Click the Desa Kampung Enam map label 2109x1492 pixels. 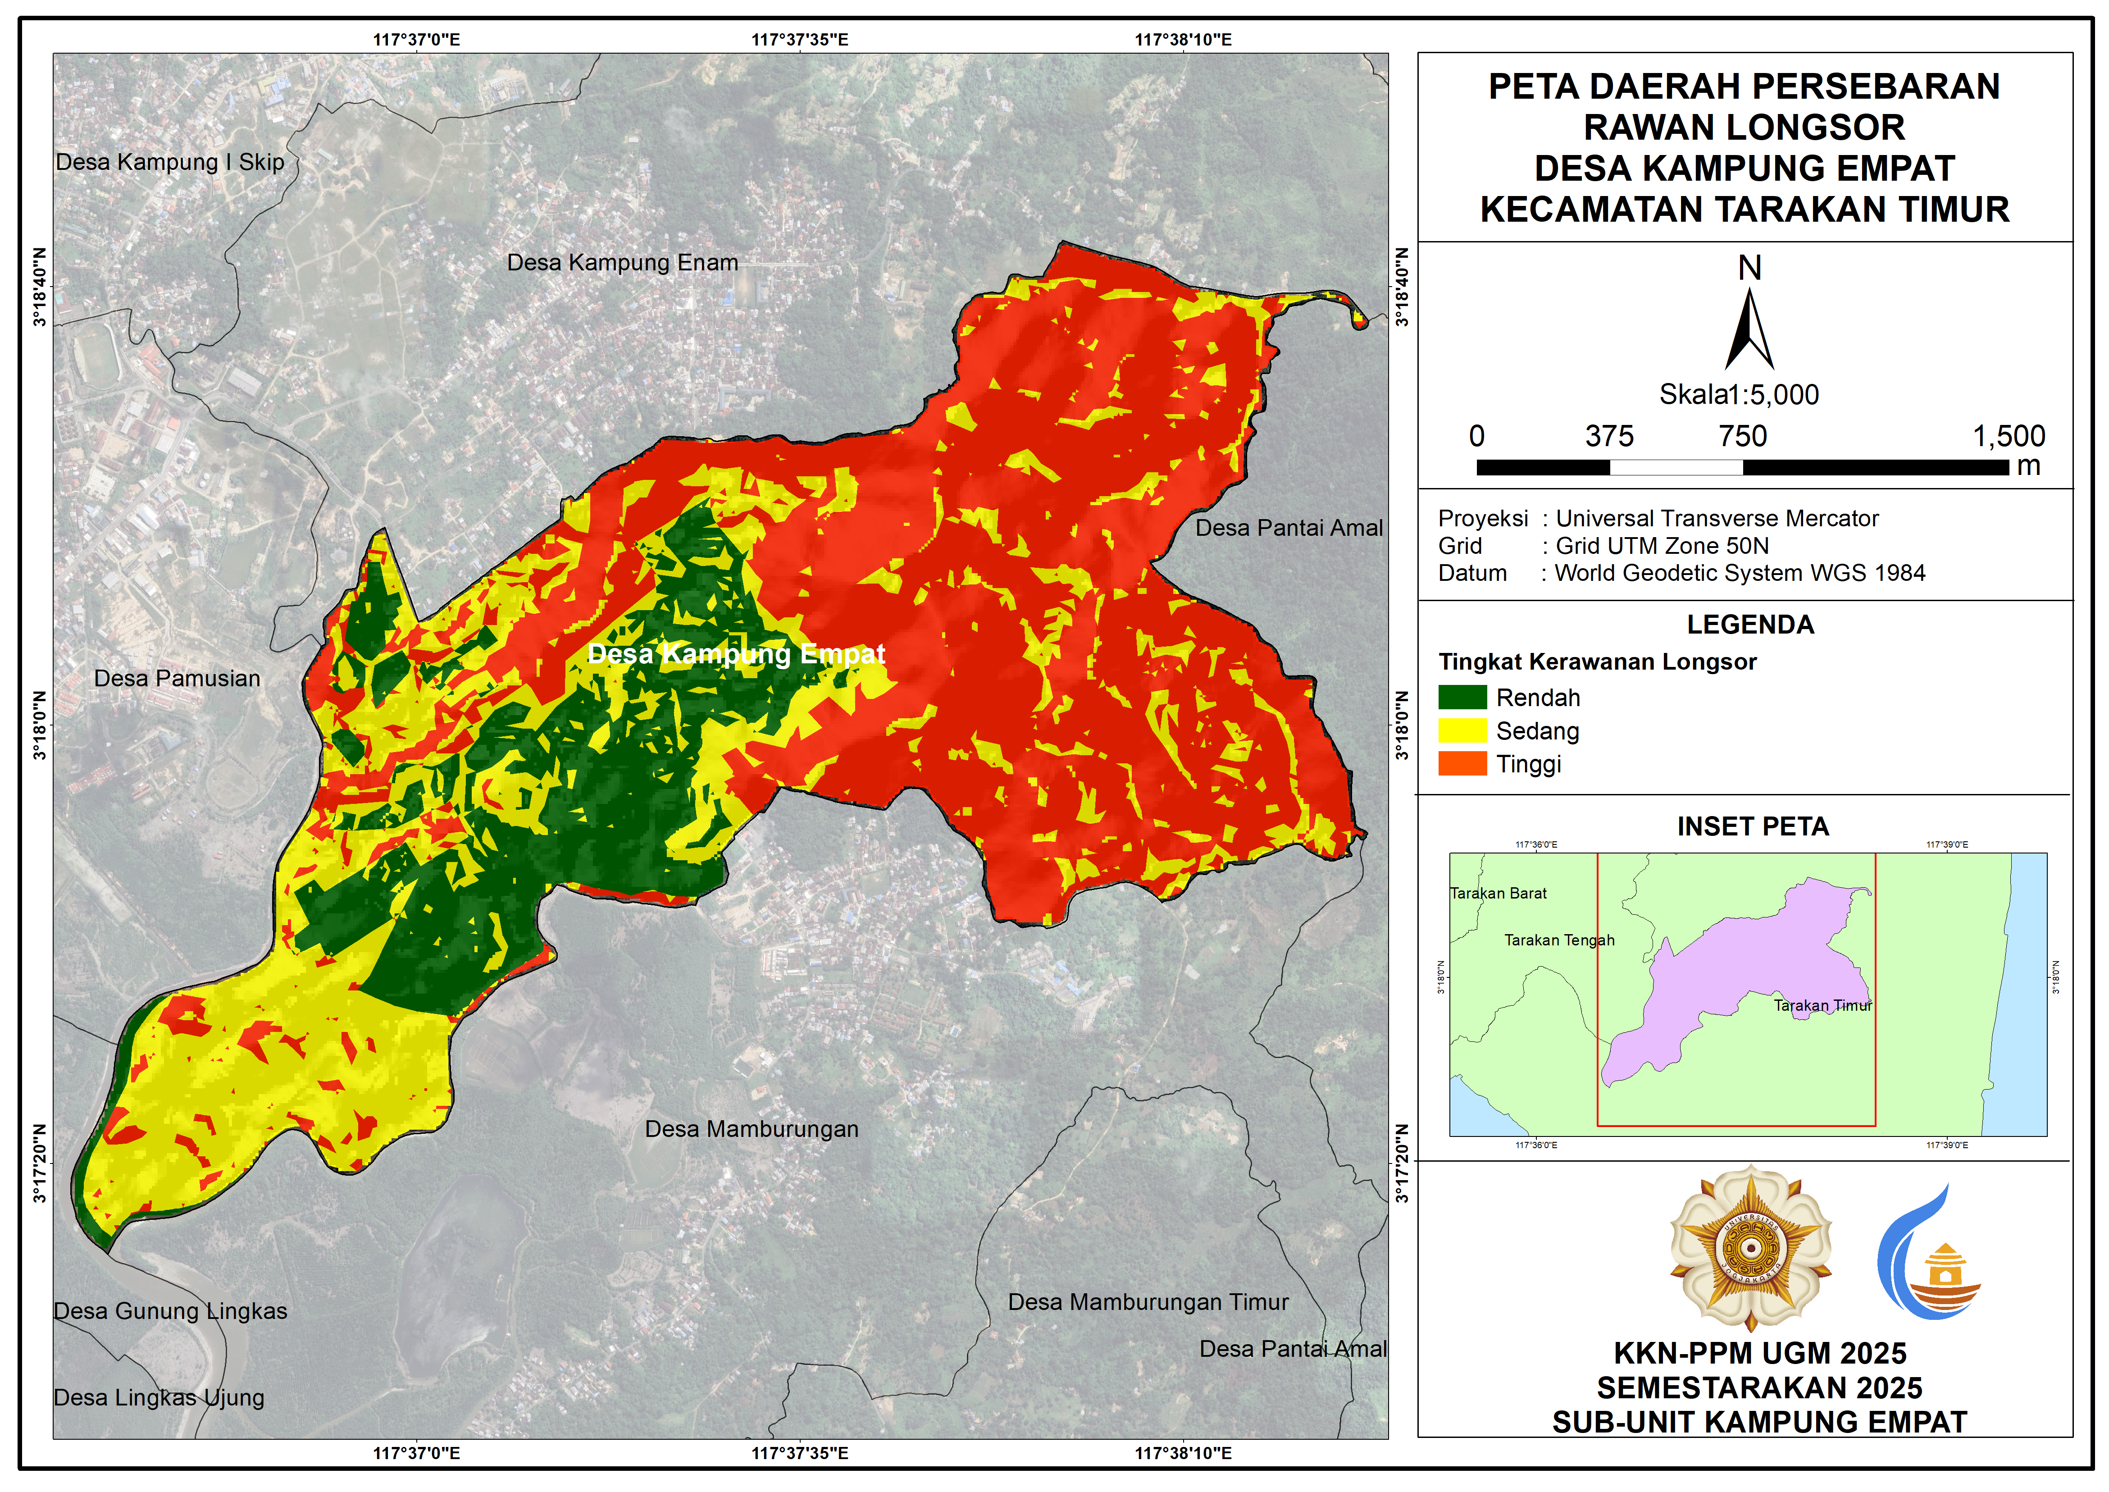point(622,263)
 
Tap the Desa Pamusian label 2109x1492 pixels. point(177,679)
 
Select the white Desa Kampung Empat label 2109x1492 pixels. point(736,654)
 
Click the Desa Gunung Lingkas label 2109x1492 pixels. point(171,1311)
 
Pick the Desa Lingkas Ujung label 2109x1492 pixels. point(159,1397)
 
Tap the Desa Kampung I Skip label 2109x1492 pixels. point(170,163)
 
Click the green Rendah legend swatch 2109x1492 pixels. point(1462,697)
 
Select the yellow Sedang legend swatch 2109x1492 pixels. point(1462,730)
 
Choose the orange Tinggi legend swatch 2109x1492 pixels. point(1462,763)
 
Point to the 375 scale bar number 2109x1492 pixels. point(1609,436)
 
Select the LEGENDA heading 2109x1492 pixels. point(1750,625)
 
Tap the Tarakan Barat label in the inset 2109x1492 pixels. point(1498,893)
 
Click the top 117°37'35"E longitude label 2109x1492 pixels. point(799,40)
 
